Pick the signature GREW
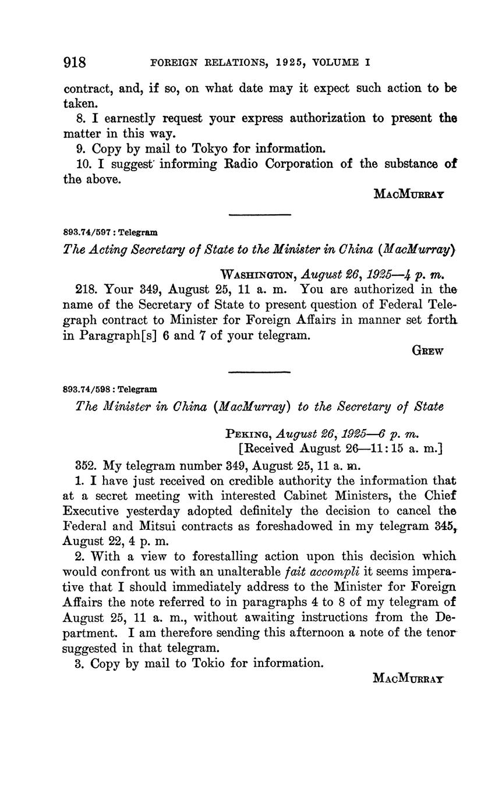click(427, 351)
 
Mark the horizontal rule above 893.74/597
click(260, 215)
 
